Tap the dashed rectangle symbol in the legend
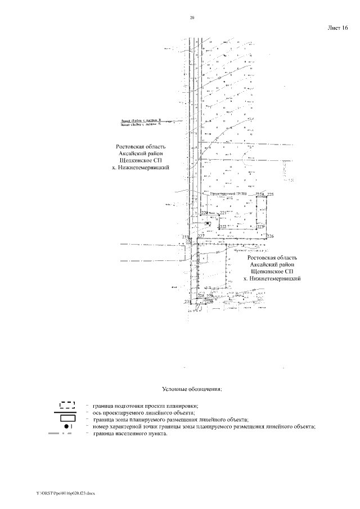click(67, 404)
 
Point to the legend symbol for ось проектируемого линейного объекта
click(67, 413)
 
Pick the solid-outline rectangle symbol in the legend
click(67, 420)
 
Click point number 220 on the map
click(204, 213)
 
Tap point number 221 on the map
click(222, 213)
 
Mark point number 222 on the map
click(222, 227)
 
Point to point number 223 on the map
click(260, 227)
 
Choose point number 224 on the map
click(259, 194)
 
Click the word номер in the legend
click(102, 427)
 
